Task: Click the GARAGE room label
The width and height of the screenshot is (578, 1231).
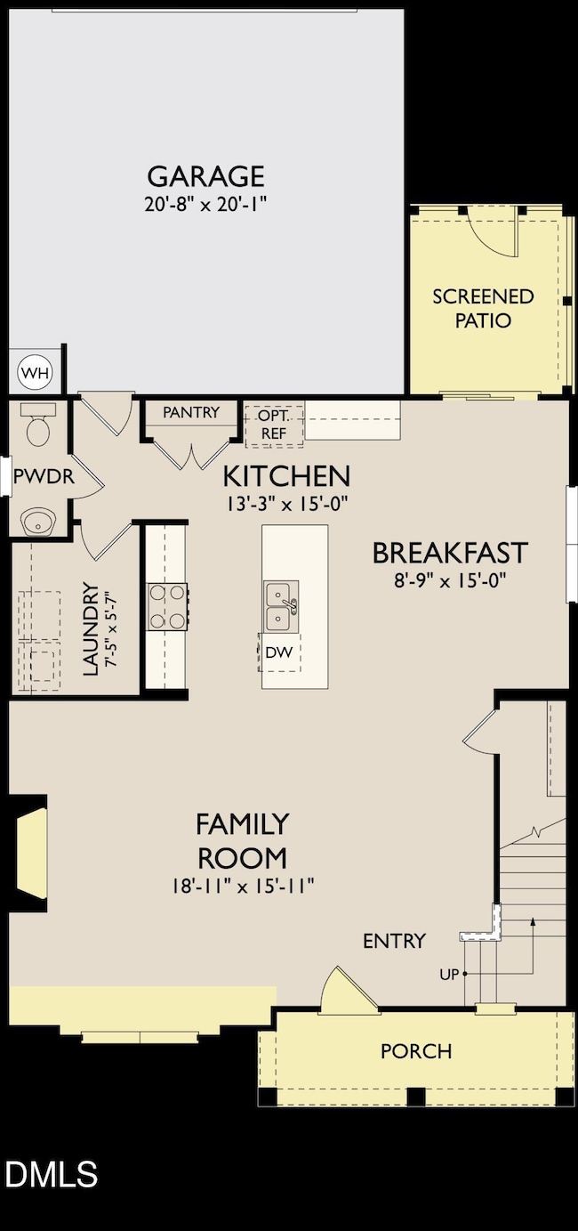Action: pyautogui.click(x=205, y=175)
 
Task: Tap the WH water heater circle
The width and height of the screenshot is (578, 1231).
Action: pyautogui.click(x=36, y=371)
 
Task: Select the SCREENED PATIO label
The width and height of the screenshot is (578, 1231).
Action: pyautogui.click(x=483, y=308)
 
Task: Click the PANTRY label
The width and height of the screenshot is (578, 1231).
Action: pyautogui.click(x=191, y=412)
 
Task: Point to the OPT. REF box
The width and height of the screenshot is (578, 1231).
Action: pyautogui.click(x=274, y=424)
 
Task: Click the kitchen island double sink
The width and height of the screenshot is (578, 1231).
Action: pyautogui.click(x=281, y=605)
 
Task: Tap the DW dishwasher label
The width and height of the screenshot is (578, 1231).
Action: pyautogui.click(x=277, y=652)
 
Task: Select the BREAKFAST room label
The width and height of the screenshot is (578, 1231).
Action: pyautogui.click(x=449, y=553)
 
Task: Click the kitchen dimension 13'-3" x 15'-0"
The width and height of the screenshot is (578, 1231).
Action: pyautogui.click(x=285, y=502)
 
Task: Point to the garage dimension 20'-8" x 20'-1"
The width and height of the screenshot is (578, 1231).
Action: pyautogui.click(x=205, y=204)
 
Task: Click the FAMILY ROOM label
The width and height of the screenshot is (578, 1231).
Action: pyautogui.click(x=242, y=840)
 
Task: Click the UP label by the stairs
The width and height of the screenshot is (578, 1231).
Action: pyautogui.click(x=448, y=974)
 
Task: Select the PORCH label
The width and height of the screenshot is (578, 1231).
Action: pyautogui.click(x=415, y=1051)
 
